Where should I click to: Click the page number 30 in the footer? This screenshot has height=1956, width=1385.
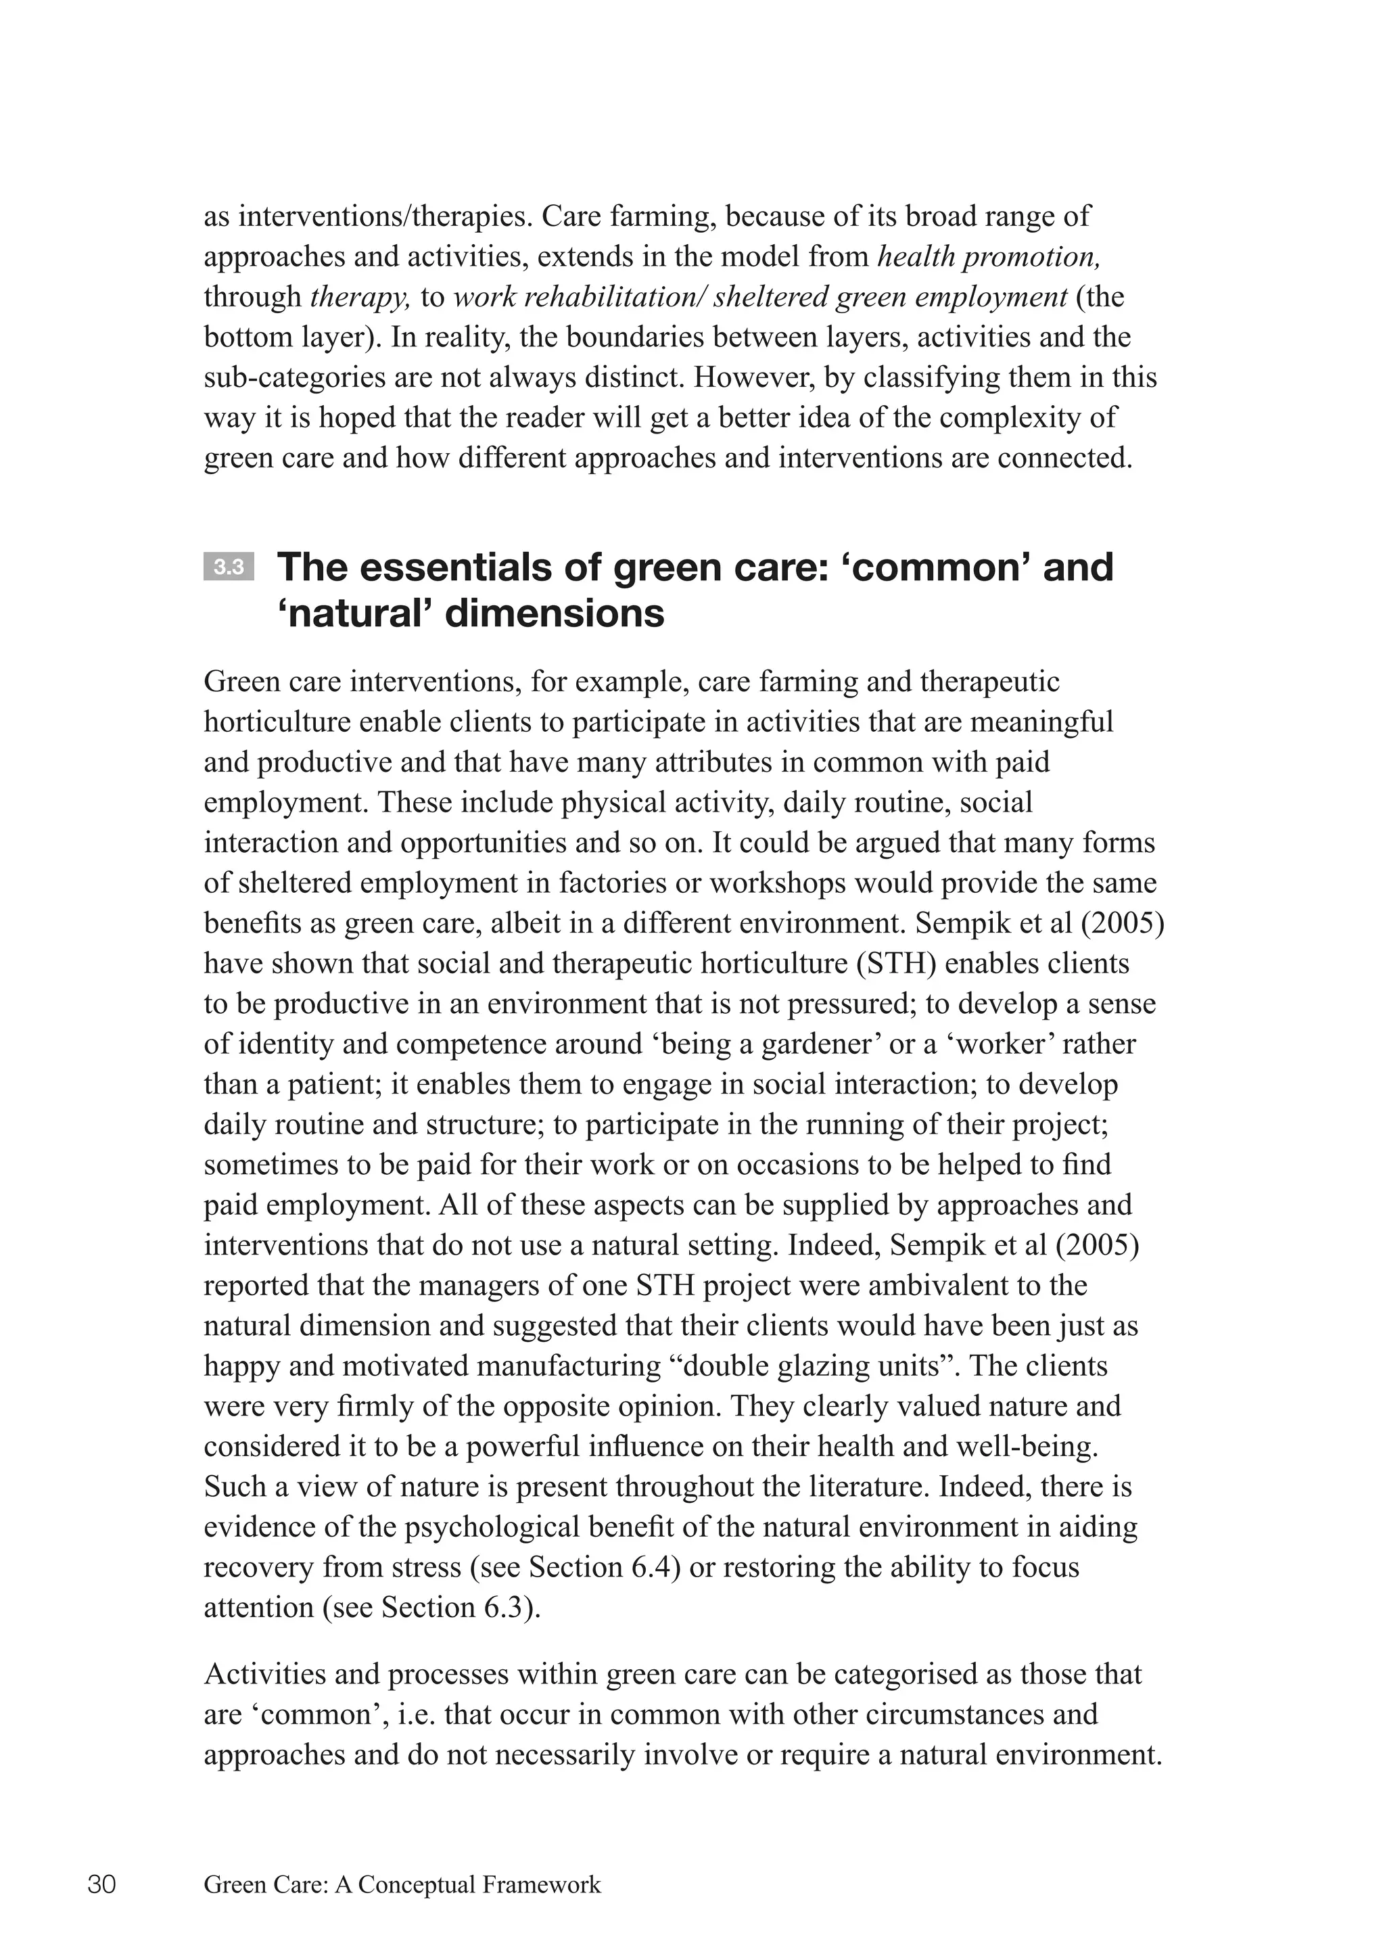101,1884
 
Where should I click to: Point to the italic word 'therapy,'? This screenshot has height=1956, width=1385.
360,297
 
